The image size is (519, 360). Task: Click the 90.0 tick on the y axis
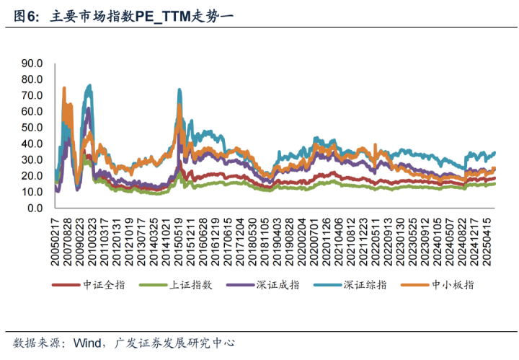coord(33,63)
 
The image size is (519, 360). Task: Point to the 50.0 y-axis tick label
coord(33,128)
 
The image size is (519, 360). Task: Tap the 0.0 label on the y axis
coord(36,208)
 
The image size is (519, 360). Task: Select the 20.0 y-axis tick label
coord(33,176)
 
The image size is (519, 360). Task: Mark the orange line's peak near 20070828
coord(63,88)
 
